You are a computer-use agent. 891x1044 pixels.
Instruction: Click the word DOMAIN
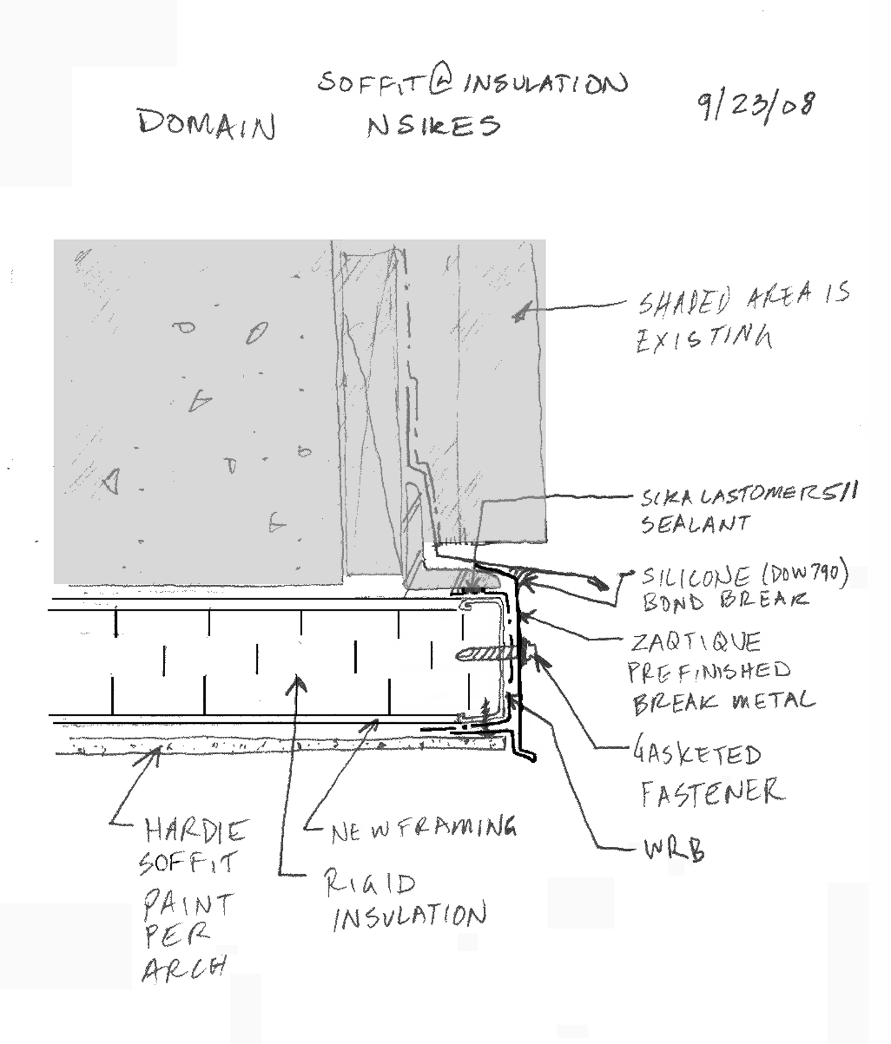206,124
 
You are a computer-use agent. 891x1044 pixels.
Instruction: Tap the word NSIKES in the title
433,125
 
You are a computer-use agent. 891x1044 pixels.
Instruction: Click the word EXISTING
704,339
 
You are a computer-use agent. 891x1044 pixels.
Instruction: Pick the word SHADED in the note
684,301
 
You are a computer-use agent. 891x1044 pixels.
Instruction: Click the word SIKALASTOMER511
749,495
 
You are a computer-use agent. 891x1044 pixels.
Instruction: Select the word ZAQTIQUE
696,642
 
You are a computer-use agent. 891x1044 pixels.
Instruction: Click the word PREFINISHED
709,671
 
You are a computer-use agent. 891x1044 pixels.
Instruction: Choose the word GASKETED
697,754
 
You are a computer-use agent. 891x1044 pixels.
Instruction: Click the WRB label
674,850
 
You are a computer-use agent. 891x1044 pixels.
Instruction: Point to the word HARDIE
196,831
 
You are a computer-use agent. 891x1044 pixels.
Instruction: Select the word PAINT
188,904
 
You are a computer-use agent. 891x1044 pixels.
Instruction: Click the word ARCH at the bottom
184,968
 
